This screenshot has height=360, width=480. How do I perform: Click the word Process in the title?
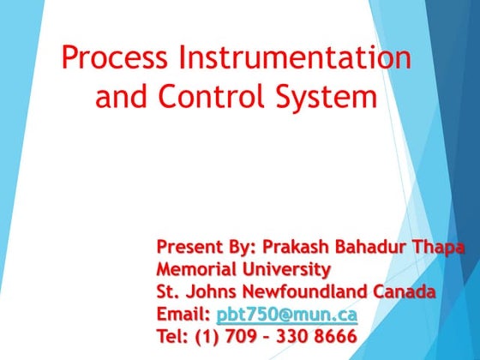click(x=115, y=59)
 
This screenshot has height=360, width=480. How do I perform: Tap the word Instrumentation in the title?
click(x=295, y=59)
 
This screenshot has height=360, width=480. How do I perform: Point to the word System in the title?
click(x=329, y=96)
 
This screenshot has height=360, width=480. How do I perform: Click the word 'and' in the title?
click(x=121, y=96)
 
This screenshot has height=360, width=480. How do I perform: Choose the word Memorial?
click(x=194, y=270)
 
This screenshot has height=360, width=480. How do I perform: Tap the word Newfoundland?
click(x=313, y=291)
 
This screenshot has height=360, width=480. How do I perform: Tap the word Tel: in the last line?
click(x=172, y=336)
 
